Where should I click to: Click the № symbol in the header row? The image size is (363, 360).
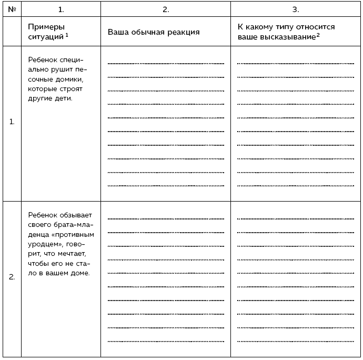tap(12, 9)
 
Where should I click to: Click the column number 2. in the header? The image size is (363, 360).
tap(166, 9)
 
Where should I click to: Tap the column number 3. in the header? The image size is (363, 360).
tap(296, 9)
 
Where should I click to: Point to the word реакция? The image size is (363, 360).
tap(182, 32)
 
